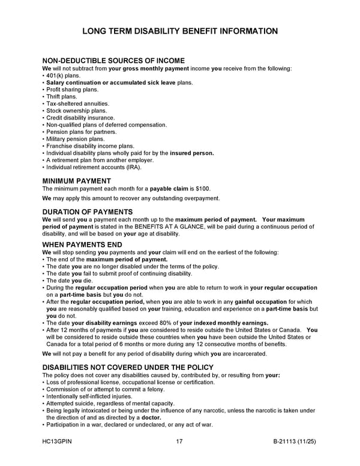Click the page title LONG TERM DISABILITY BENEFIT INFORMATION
[180, 31]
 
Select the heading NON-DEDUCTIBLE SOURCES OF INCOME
[113, 61]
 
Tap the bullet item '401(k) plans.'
[62, 76]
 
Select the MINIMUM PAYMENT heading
[76, 180]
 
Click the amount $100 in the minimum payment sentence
[203, 189]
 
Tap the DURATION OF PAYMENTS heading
[88, 211]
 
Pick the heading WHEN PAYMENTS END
[82, 244]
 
